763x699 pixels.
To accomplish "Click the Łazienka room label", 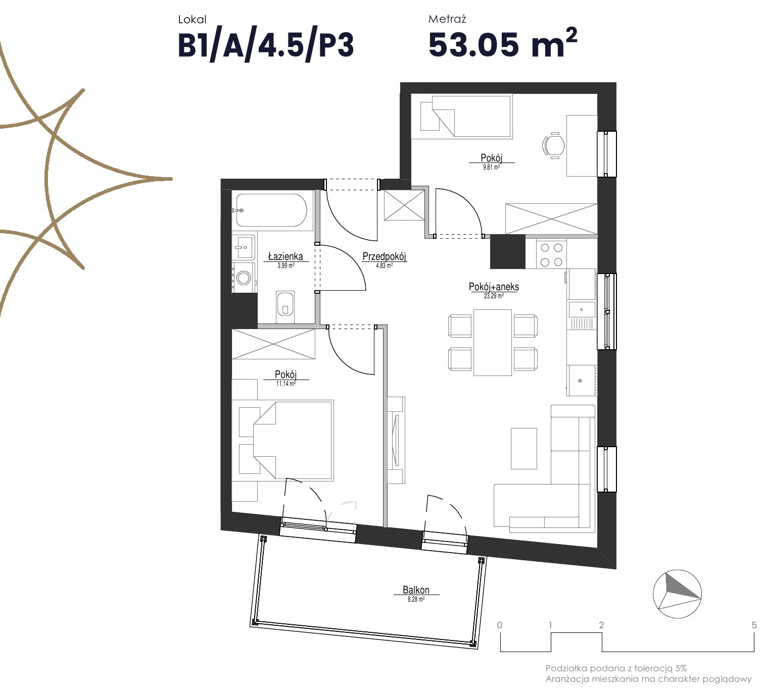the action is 285,256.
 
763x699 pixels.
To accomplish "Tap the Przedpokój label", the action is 384,256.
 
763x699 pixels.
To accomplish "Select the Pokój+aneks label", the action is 494,287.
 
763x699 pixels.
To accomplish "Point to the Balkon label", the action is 416,590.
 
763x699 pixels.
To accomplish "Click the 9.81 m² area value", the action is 492,167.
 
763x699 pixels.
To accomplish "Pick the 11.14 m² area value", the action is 285,384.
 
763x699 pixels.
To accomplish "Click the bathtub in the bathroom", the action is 271,210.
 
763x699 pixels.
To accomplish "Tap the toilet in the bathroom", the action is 285,303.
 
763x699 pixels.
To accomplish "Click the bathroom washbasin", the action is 244,247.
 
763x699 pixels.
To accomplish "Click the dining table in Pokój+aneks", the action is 493,342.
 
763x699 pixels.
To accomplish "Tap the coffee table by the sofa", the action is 524,449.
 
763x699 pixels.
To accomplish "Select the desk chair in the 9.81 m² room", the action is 553,145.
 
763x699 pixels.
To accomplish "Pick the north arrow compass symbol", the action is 677,594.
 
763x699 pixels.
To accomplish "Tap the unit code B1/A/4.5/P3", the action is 266,45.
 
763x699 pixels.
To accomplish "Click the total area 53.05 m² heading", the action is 503,43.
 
